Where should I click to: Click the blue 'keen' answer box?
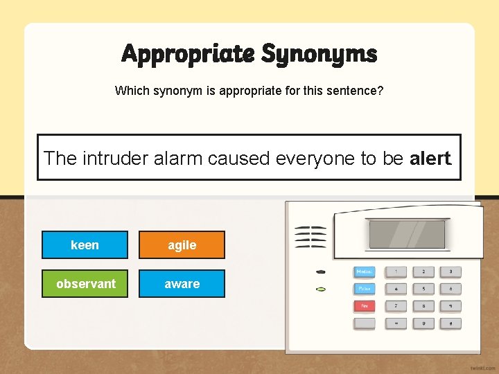tap(85, 245)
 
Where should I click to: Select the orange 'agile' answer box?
tap(182, 245)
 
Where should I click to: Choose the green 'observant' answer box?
tap(85, 284)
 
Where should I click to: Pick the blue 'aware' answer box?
tap(182, 284)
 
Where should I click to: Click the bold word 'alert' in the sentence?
tap(430, 158)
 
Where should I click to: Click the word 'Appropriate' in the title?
tap(186, 53)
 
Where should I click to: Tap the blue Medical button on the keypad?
tap(365, 271)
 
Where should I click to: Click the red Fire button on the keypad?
tap(365, 305)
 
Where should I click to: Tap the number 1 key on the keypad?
tap(396, 271)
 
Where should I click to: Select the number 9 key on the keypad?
tap(423, 323)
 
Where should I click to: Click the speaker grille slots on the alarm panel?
tap(310, 236)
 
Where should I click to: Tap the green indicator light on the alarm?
tap(320, 288)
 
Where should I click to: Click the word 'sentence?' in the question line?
tap(358, 91)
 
